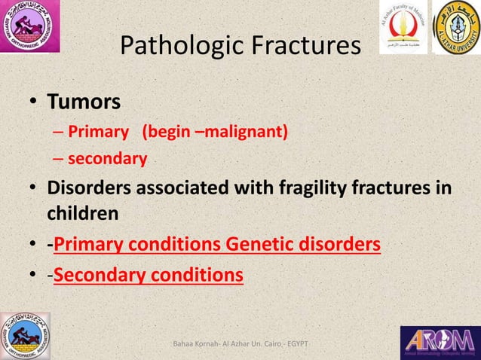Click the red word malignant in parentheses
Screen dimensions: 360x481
(x=247, y=133)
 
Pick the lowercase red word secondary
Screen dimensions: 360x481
(x=107, y=159)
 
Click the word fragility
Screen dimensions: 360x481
(x=309, y=188)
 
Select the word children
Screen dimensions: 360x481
(x=83, y=213)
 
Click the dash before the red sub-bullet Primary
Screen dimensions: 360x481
(x=59, y=133)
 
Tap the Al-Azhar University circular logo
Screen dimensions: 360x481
(x=456, y=27)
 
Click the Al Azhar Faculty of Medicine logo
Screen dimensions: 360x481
(x=402, y=27)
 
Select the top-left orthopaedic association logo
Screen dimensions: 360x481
(x=30, y=27)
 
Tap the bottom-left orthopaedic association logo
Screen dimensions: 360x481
(x=26, y=335)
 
